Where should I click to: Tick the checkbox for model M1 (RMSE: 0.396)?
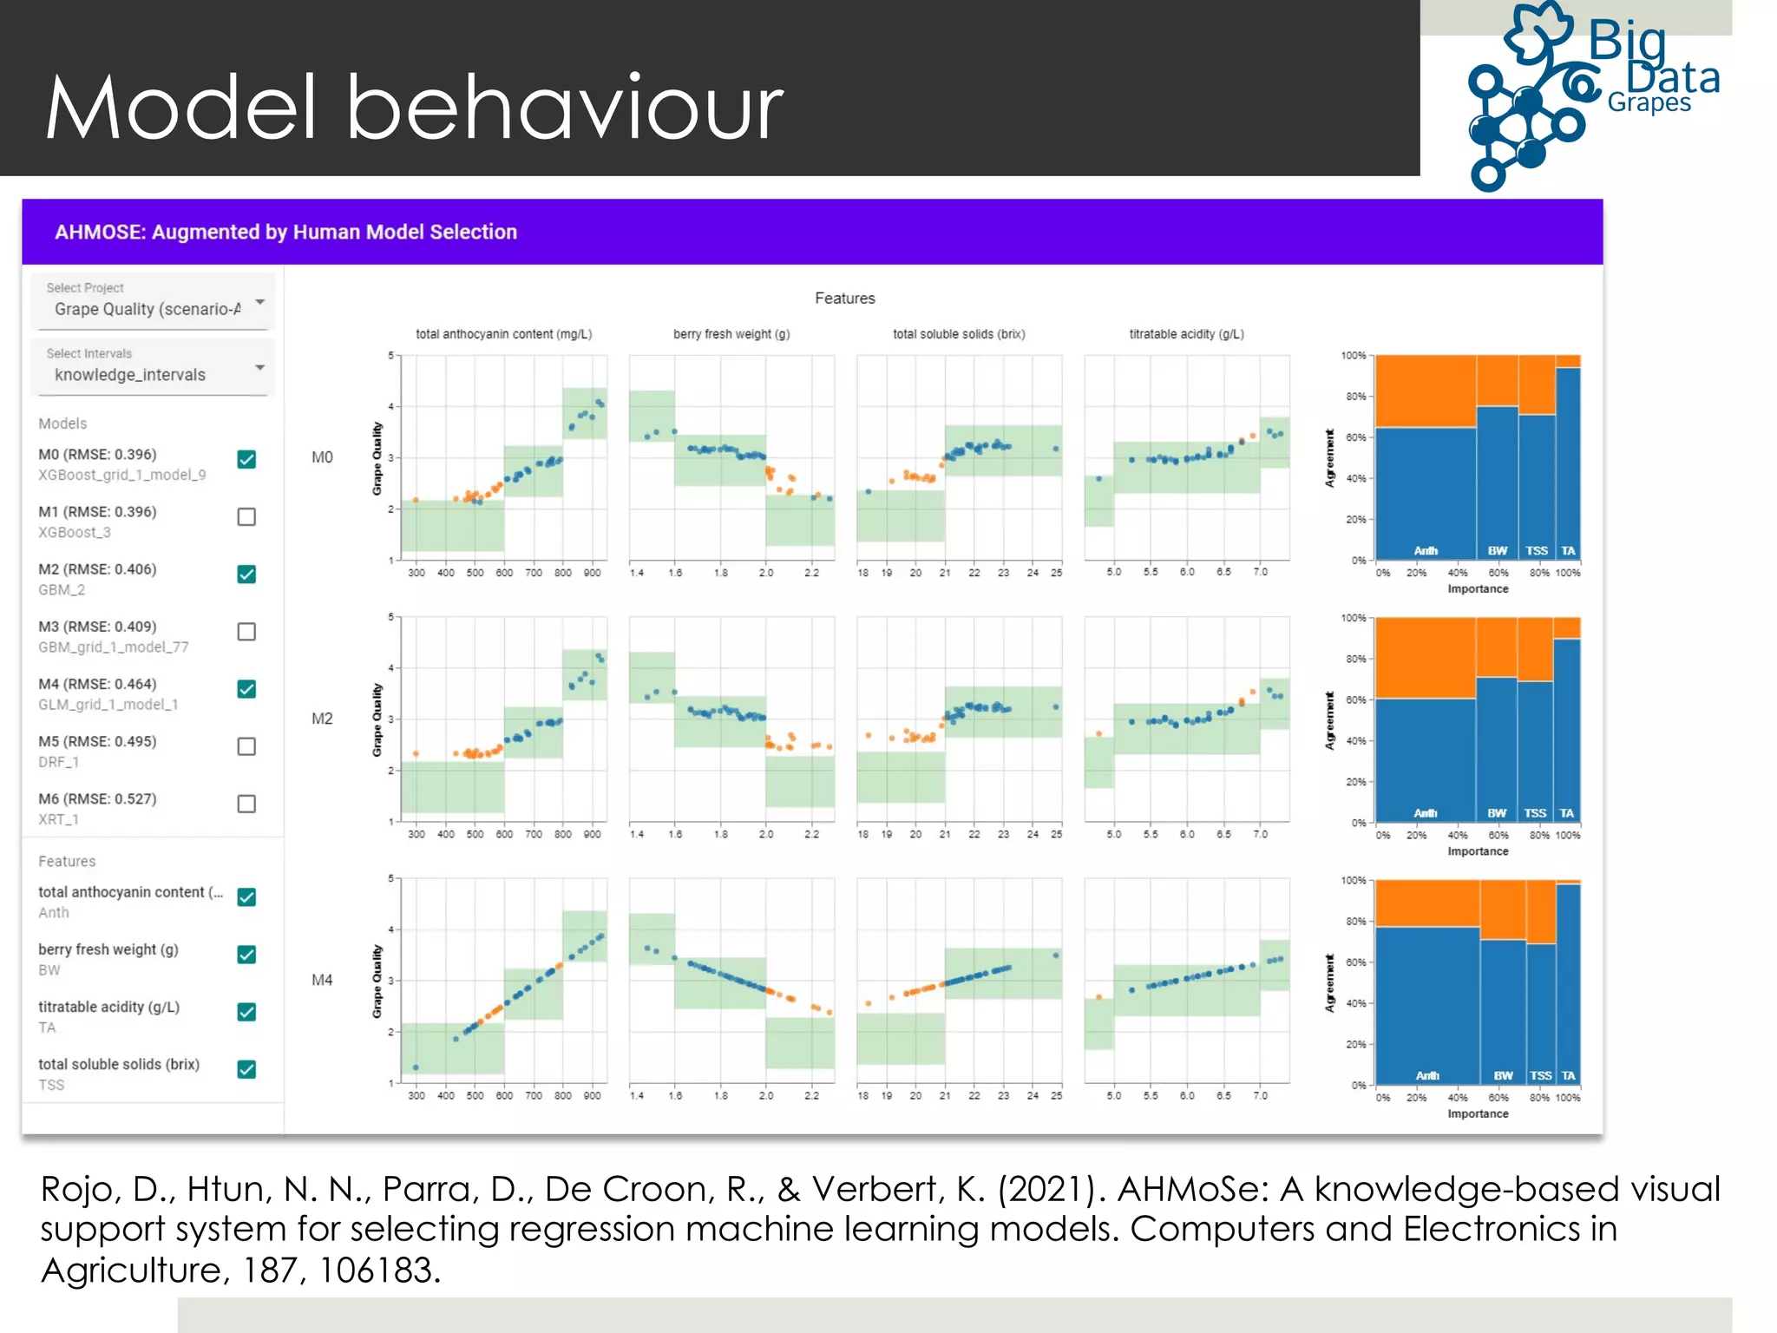point(246,517)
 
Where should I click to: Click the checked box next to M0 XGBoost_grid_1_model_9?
point(246,460)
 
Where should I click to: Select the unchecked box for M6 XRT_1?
point(246,804)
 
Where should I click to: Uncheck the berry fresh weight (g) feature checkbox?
point(246,955)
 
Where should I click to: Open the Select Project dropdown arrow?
point(259,302)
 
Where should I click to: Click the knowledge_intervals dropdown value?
point(130,375)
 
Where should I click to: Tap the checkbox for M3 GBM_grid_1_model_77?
point(246,632)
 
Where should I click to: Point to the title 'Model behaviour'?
point(414,108)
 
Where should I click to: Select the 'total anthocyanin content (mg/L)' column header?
point(503,334)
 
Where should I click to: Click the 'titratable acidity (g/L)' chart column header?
point(1186,334)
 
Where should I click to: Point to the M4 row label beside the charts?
point(322,980)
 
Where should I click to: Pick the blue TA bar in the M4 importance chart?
point(1568,981)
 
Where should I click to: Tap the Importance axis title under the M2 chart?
point(1478,851)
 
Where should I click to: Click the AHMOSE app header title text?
point(285,233)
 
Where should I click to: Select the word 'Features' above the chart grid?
point(844,299)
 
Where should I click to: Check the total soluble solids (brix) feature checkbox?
point(246,1069)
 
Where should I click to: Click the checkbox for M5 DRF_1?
point(246,746)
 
